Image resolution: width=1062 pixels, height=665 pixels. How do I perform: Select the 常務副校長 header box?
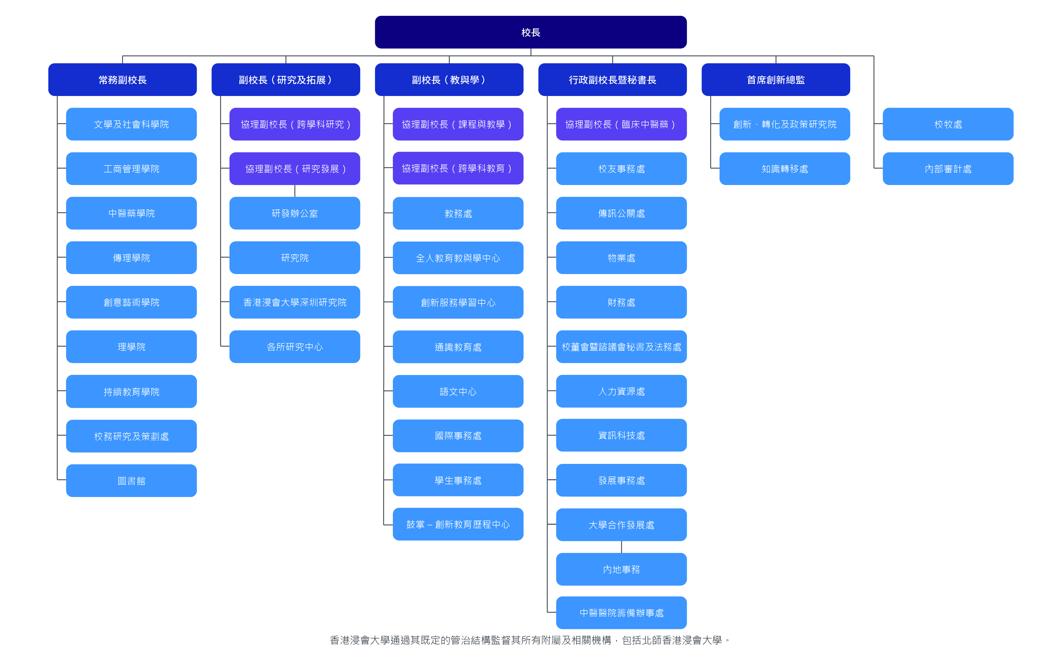[122, 80]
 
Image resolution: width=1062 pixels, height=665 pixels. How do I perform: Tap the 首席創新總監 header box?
[775, 80]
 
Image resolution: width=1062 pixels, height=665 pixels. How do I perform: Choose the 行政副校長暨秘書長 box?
[612, 80]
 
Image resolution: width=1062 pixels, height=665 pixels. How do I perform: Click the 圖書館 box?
[131, 481]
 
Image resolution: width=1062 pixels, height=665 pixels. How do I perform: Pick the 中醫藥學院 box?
[131, 213]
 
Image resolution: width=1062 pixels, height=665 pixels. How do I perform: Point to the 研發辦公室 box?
[294, 213]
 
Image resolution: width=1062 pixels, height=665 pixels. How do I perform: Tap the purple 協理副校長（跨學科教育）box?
[458, 168]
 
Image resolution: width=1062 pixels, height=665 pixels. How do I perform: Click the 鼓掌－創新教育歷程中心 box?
[458, 524]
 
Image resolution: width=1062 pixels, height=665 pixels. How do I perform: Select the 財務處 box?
[621, 302]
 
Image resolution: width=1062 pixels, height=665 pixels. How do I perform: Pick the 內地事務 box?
[621, 569]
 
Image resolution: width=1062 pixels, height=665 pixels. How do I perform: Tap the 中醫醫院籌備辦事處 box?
[621, 613]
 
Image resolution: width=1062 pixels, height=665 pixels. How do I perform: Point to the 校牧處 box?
[948, 124]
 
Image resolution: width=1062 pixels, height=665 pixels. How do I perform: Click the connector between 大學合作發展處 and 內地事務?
[621, 547]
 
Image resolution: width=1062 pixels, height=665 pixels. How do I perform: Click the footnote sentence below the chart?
[530, 640]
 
